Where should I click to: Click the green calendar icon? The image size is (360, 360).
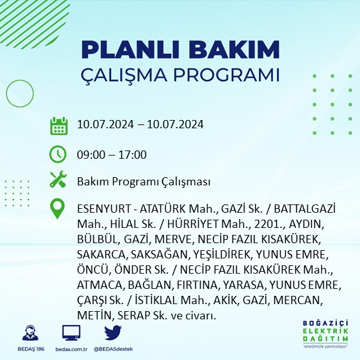[x=58, y=125]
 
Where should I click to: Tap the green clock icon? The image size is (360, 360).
[x=58, y=154]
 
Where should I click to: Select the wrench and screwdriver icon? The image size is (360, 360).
[x=58, y=180]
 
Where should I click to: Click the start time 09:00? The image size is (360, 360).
[x=89, y=154]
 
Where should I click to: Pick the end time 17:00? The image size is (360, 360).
[x=133, y=154]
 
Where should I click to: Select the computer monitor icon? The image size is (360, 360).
[x=71, y=333]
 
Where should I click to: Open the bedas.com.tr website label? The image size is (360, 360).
[x=71, y=349]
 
